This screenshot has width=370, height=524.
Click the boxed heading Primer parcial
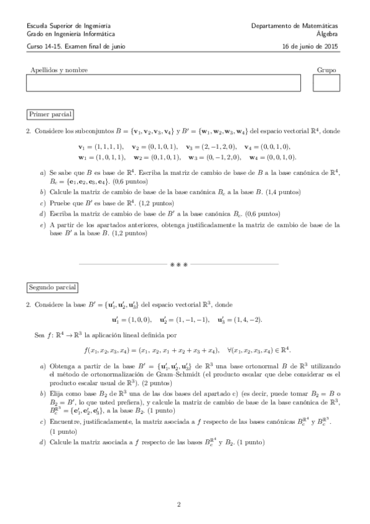(x=51, y=115)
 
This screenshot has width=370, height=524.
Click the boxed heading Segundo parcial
(x=53, y=288)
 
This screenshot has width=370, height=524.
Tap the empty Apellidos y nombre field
(x=163, y=83)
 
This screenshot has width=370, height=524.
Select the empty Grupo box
(x=326, y=83)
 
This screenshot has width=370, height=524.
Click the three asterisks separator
(x=179, y=264)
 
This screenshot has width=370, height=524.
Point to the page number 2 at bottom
(x=179, y=504)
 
